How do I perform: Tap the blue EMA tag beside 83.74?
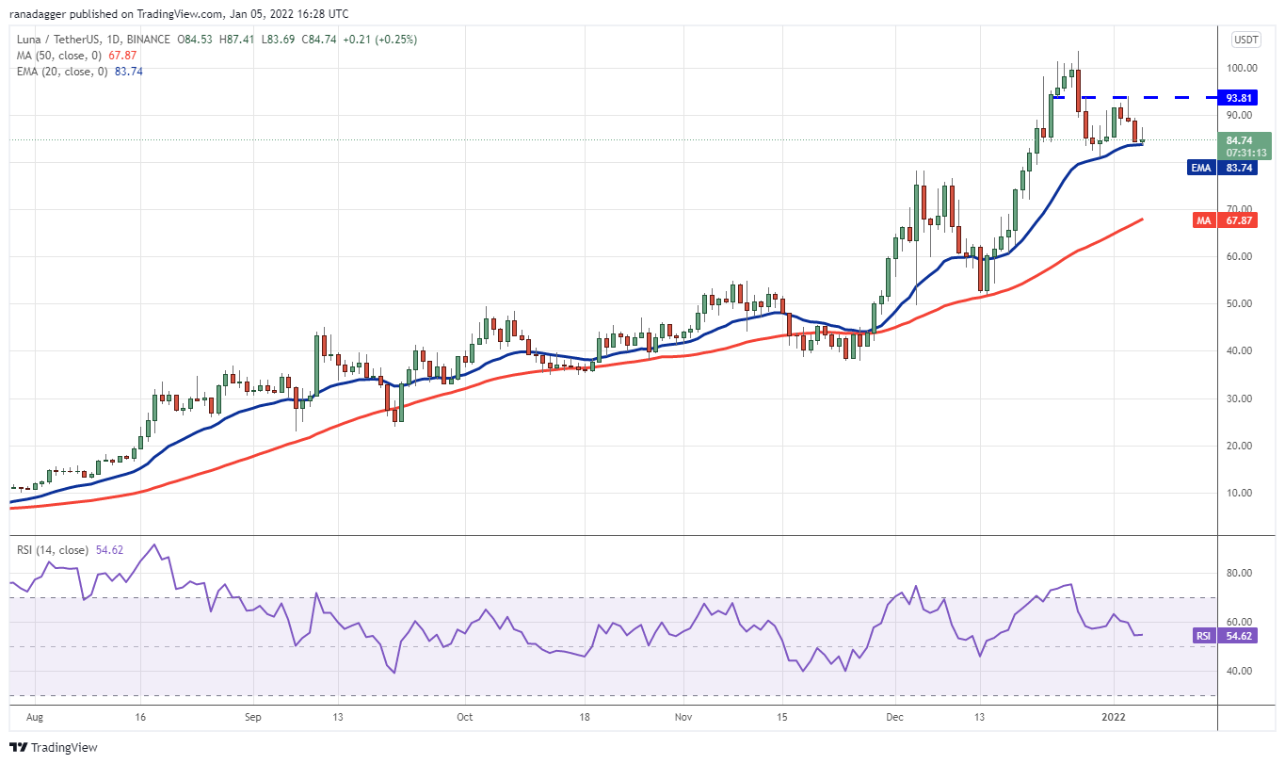(1200, 168)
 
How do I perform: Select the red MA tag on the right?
(1201, 219)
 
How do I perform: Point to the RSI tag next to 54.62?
(1203, 636)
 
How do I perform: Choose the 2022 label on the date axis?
(1114, 717)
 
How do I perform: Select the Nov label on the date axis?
(683, 717)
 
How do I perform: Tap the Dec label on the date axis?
(894, 717)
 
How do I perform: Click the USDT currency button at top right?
(1245, 40)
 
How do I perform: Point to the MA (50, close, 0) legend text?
(56, 56)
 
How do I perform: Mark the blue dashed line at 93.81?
(1130, 97)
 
